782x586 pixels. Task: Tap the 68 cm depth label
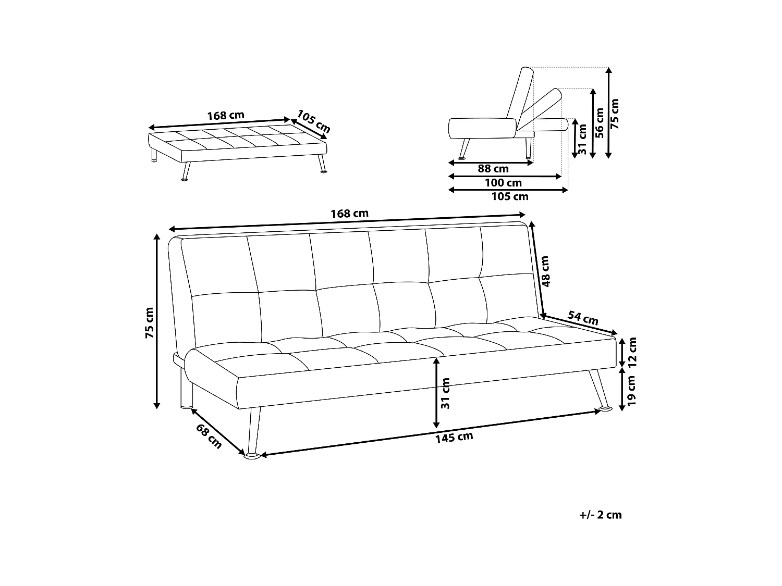pos(209,435)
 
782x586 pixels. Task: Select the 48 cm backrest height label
pos(545,271)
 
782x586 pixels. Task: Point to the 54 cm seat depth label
pos(582,318)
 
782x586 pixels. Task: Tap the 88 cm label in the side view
pos(493,169)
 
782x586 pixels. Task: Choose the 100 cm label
pos(503,183)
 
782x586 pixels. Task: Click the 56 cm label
pos(599,123)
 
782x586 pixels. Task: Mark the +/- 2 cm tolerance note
pos(601,515)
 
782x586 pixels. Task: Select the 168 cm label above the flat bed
pos(225,116)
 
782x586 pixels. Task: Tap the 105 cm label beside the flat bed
pos(314,121)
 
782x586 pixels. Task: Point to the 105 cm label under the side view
pos(510,196)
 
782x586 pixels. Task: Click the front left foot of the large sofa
pos(253,457)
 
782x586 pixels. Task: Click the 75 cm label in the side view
pos(615,114)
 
